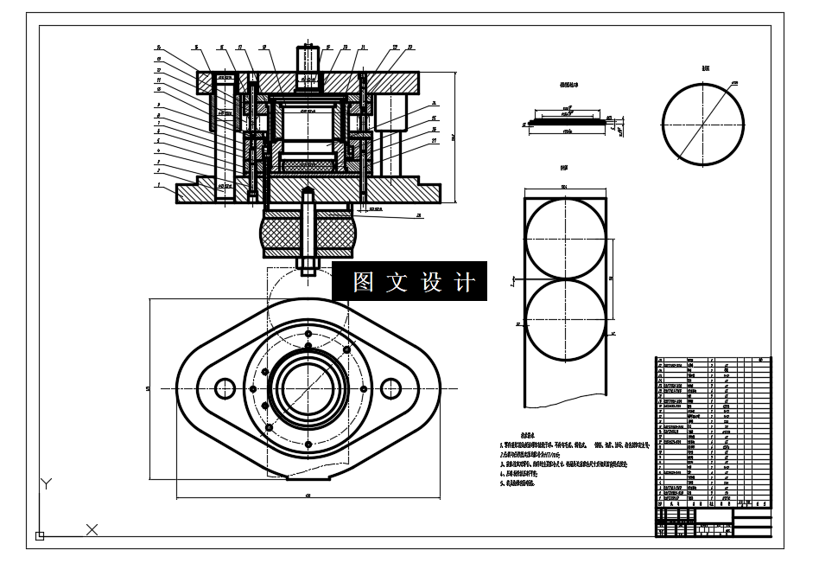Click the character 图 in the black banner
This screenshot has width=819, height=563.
coord(364,282)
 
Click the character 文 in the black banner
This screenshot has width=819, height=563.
coord(397,282)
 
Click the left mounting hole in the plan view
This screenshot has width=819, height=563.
coord(225,388)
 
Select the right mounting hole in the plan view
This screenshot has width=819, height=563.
coord(390,388)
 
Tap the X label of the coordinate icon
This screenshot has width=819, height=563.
coord(92,529)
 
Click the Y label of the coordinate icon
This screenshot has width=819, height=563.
coord(48,483)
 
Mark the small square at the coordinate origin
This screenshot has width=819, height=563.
coord(39,536)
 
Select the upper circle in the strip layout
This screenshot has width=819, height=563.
coord(565,238)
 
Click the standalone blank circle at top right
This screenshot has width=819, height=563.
coord(703,121)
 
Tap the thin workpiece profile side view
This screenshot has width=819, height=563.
coord(567,122)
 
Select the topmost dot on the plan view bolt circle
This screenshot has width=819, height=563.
coord(308,330)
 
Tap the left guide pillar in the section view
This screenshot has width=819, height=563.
coord(225,138)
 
